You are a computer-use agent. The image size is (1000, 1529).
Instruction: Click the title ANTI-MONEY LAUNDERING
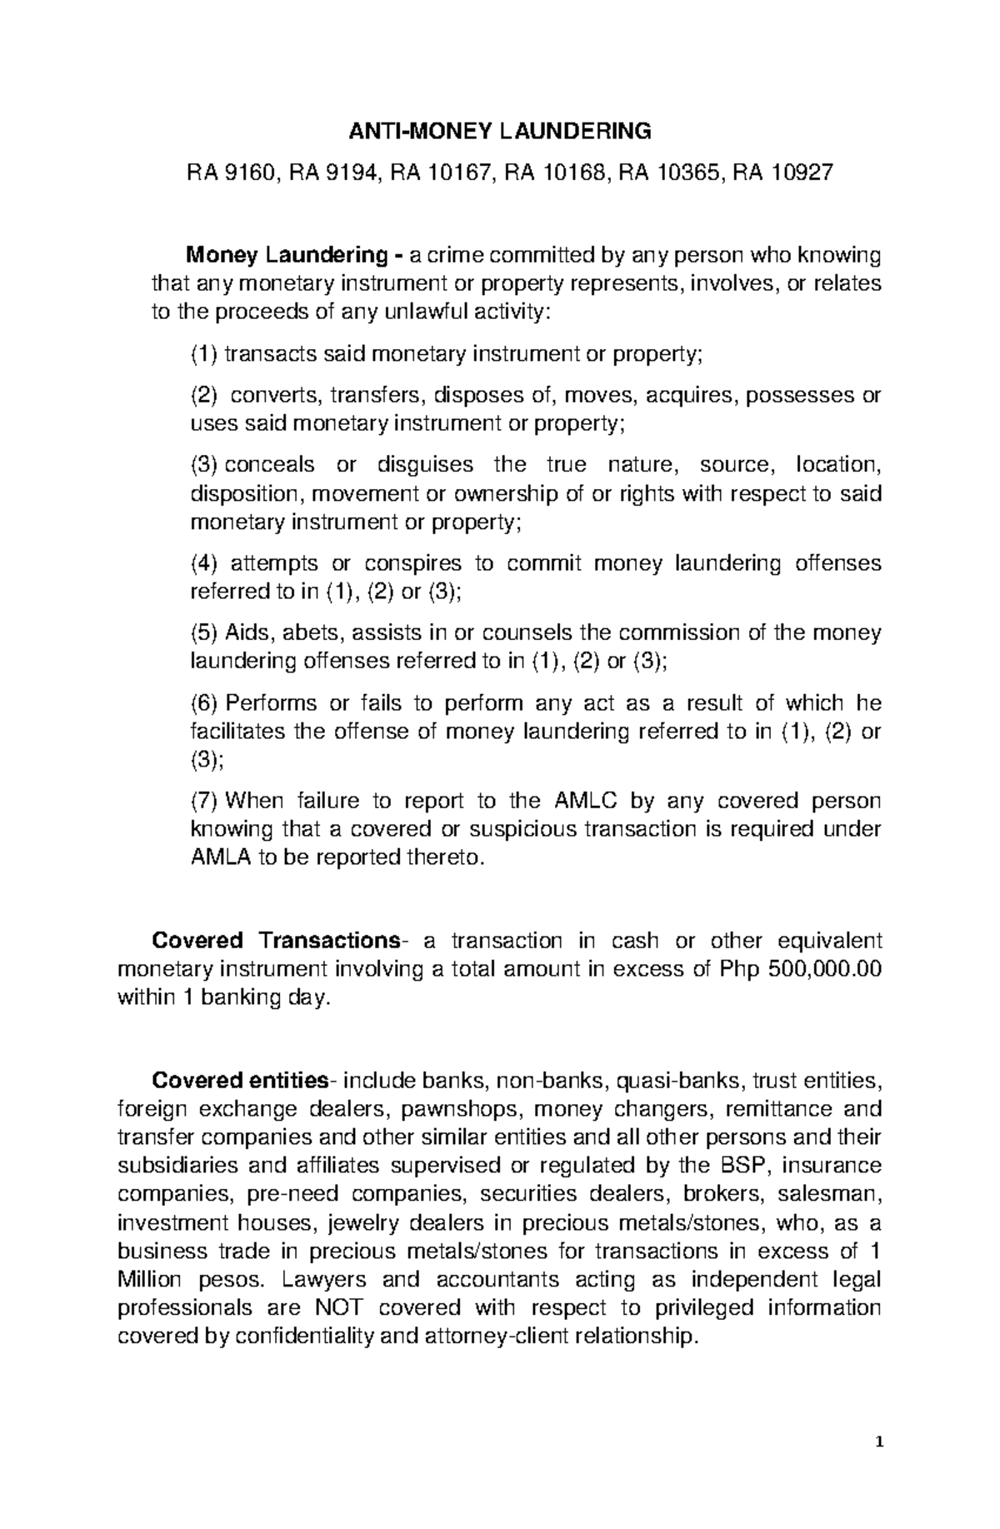(x=499, y=131)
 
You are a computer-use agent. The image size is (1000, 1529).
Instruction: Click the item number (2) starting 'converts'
(x=205, y=395)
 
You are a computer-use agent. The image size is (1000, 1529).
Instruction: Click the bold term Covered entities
(x=239, y=1082)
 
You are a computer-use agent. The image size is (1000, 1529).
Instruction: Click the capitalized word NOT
(x=338, y=1307)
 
